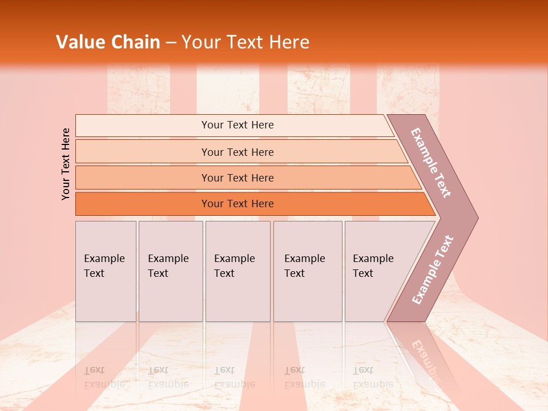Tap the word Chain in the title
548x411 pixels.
[x=136, y=42]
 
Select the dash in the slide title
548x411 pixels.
[x=171, y=42]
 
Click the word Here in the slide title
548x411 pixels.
[x=289, y=42]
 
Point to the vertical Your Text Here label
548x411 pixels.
[x=66, y=164]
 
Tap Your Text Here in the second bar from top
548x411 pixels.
[x=237, y=152]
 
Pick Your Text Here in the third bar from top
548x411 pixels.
[x=237, y=178]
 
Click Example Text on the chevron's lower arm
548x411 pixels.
[x=433, y=270]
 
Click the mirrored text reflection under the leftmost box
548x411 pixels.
[x=104, y=377]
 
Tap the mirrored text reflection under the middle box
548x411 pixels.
[x=234, y=377]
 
